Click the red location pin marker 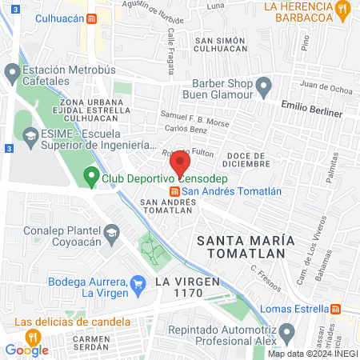(x=180, y=162)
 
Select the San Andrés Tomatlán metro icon (x=174, y=190)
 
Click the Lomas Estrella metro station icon (x=337, y=309)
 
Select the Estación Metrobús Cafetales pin (x=12, y=74)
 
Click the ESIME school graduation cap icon (x=30, y=137)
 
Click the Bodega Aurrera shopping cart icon (x=138, y=282)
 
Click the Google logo (x=26, y=350)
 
